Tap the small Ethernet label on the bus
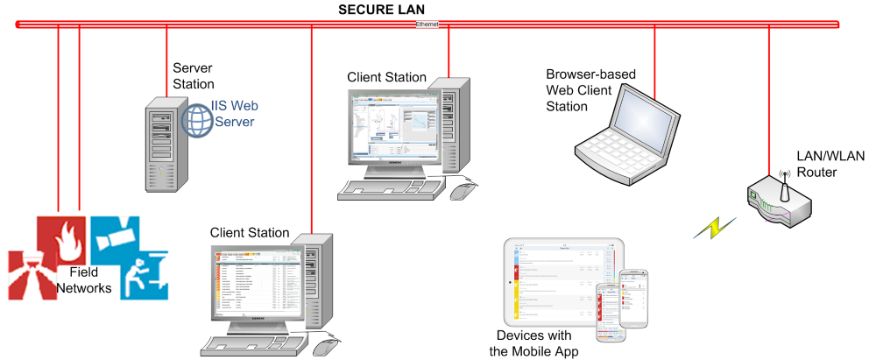[x=427, y=25]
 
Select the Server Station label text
[x=194, y=76]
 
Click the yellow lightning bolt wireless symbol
[x=711, y=229]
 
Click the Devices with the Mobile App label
[x=533, y=343]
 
